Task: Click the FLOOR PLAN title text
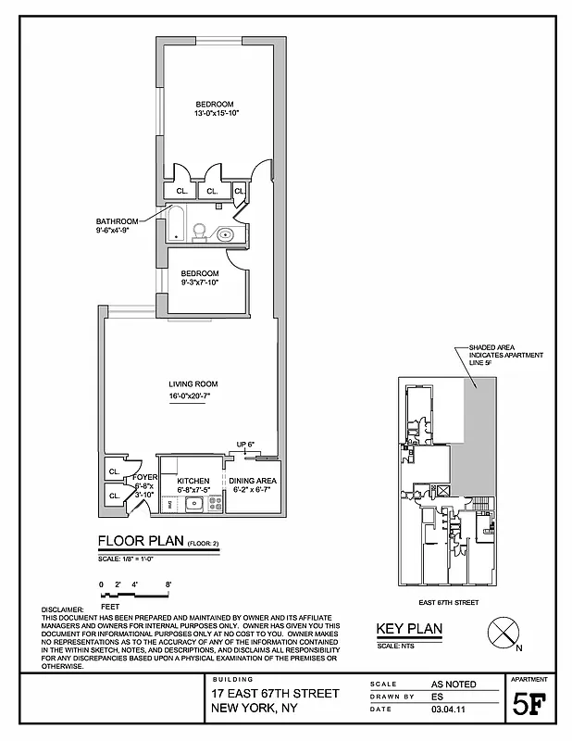141,543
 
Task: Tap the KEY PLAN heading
408,630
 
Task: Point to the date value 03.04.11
448,711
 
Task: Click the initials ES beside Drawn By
438,697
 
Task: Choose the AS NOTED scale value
454,684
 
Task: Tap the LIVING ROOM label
193,384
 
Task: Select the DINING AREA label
253,481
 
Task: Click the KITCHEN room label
194,481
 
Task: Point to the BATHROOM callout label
117,221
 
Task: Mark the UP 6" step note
245,445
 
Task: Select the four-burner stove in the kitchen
215,504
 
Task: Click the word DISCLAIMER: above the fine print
68,609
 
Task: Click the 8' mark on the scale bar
168,584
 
